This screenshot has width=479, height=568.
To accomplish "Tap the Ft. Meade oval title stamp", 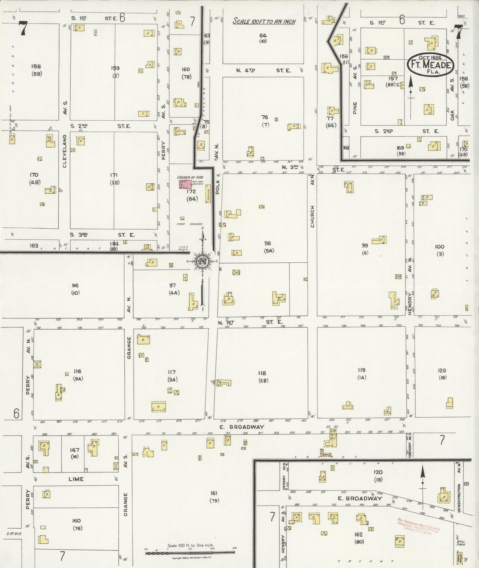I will tap(430, 64).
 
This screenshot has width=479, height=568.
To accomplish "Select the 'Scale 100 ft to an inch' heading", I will tap(264, 22).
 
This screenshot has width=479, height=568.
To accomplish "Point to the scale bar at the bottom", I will tap(190, 552).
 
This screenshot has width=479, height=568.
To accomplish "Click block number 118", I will tap(262, 373).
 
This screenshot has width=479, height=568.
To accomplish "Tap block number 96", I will tap(75, 285).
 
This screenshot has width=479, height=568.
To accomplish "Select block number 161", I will tap(214, 493).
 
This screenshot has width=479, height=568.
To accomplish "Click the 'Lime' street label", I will tap(76, 479).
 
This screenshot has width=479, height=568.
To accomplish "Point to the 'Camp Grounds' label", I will tap(190, 224).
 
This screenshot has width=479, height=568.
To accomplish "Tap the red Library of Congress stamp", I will tap(419, 527).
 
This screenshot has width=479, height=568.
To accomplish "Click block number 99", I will tap(365, 246).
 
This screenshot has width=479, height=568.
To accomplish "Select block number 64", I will tap(263, 35).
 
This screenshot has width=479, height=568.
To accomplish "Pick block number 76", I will tap(264, 117).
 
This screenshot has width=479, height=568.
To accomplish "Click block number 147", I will tap(75, 450).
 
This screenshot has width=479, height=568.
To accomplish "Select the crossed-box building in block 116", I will tap(37, 364).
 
